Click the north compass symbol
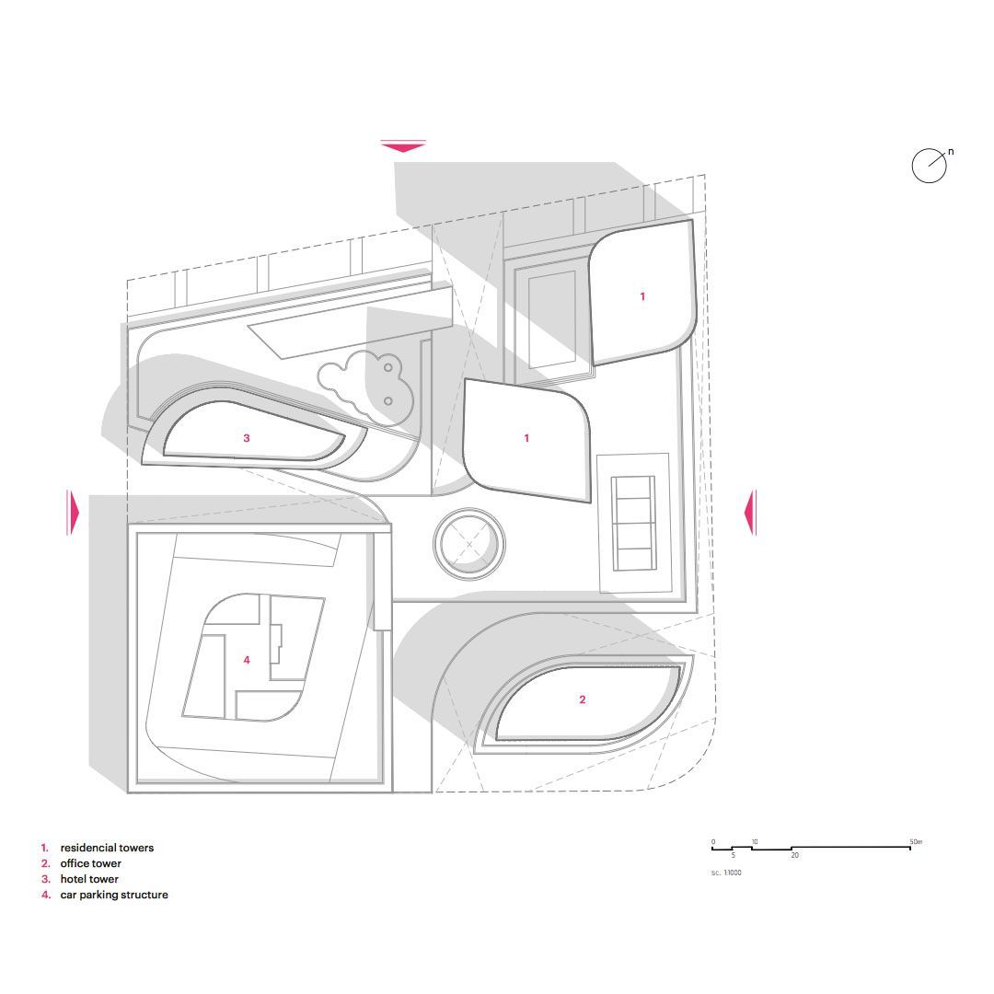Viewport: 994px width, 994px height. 929,166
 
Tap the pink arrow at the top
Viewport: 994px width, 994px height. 403,147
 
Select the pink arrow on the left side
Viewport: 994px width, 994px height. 73,513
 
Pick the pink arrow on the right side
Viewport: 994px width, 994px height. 750,513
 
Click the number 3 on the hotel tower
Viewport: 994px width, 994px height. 247,438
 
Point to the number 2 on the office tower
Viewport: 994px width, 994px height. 583,699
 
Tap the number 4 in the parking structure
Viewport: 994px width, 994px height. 247,660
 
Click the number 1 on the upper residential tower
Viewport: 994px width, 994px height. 642,296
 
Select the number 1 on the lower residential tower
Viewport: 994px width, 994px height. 526,438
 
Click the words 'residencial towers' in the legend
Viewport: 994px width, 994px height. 107,848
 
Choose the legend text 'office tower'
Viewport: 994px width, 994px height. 90,863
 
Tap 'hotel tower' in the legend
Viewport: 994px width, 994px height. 89,879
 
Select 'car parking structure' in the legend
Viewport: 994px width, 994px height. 114,896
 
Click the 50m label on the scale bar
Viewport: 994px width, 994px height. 916,842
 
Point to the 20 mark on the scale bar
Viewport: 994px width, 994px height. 795,855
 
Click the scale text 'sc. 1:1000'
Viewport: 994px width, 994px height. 726,873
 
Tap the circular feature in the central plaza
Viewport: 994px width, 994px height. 469,543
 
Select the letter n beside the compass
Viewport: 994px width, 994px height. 951,152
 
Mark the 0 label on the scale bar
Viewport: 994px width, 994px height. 713,842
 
